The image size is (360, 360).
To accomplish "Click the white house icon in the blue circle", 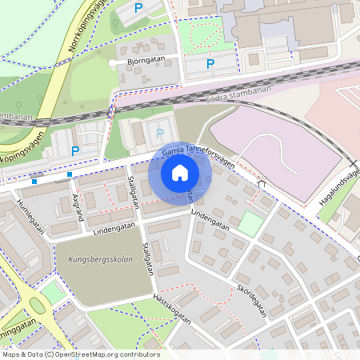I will pyautogui.click(x=180, y=172).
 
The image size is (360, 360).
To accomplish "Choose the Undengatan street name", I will pyautogui.click(x=210, y=221).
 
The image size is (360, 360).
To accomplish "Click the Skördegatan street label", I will pyautogui.click(x=250, y=298).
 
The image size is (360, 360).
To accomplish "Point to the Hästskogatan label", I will pyautogui.click(x=171, y=307).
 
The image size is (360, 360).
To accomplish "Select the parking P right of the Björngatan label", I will pyautogui.click(x=210, y=63).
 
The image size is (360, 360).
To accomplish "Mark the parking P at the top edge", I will pyautogui.click(x=138, y=8).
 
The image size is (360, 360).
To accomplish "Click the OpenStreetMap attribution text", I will pyautogui.click(x=80, y=354).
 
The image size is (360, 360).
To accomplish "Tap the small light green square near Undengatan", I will pyautogui.click(x=250, y=223).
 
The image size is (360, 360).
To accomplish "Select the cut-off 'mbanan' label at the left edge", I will pyautogui.click(x=15, y=117).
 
